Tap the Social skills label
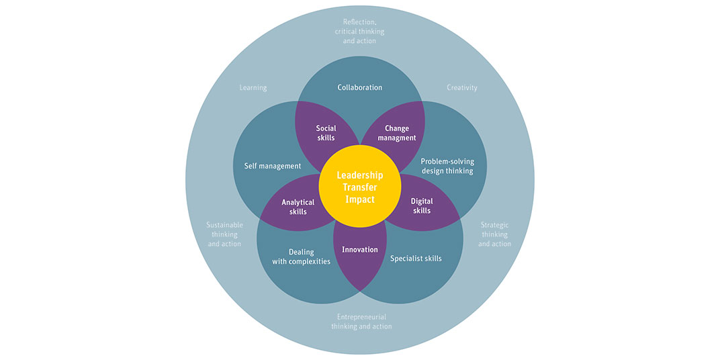[326, 133]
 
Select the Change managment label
[396, 133]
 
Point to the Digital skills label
[422, 206]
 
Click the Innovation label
[360, 250]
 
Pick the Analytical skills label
[298, 207]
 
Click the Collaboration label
[360, 87]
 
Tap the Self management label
[273, 166]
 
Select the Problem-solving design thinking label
[447, 166]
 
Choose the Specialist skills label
[416, 258]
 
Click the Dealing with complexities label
[302, 257]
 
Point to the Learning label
[253, 87]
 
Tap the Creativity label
[462, 87]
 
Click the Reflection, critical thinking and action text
[360, 31]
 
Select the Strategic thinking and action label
[494, 234]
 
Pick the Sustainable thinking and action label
[224, 234]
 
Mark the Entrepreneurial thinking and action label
[361, 322]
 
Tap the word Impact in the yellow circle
[360, 200]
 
